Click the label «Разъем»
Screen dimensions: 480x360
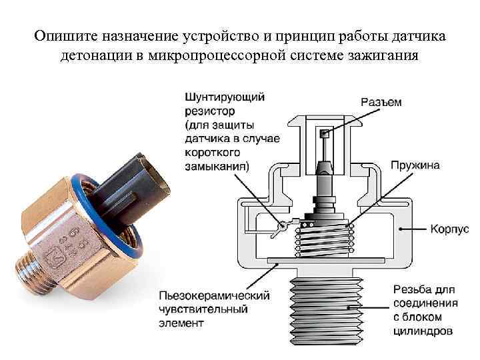(x=381, y=102)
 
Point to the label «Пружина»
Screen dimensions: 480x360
(x=415, y=165)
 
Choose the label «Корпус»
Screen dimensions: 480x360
(x=449, y=229)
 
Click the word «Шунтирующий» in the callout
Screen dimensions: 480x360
(x=225, y=97)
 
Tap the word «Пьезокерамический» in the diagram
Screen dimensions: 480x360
(x=214, y=296)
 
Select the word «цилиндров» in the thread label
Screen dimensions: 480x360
(x=423, y=331)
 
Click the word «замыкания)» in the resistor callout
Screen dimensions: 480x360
(x=217, y=167)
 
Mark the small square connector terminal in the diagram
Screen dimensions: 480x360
(x=324, y=133)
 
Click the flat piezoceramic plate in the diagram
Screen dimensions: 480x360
(x=326, y=261)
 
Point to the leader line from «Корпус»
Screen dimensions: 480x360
(x=413, y=229)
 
